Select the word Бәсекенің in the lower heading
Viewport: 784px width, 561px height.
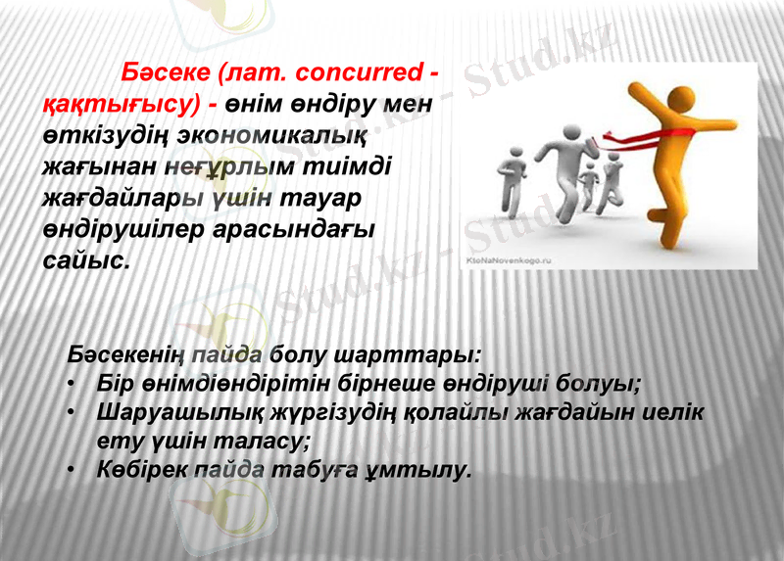point(127,352)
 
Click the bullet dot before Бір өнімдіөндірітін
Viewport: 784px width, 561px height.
point(73,382)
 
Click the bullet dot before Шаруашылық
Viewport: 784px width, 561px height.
point(73,411)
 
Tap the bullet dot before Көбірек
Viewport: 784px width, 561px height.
point(73,470)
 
